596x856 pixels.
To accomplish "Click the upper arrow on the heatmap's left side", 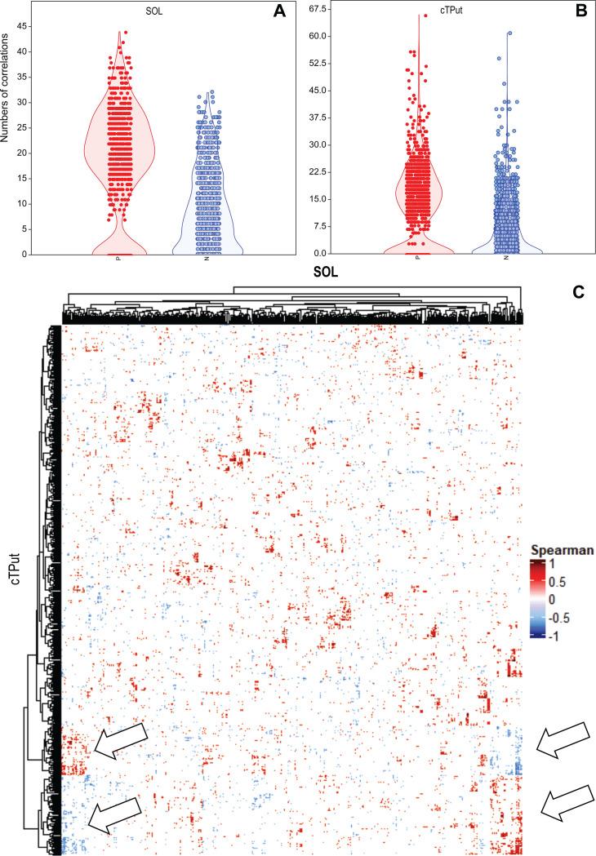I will click(x=119, y=741).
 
